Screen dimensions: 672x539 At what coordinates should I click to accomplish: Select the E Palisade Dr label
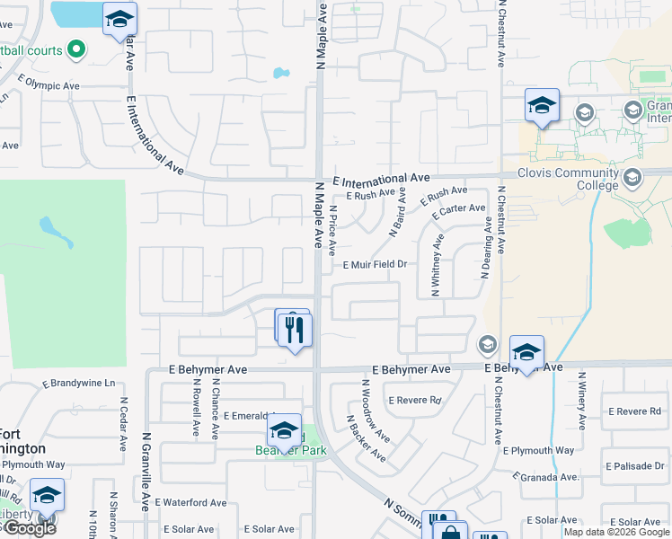[x=635, y=466]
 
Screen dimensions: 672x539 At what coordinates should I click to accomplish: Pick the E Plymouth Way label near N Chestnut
[x=538, y=450]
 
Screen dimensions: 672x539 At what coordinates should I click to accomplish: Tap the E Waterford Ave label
[x=190, y=502]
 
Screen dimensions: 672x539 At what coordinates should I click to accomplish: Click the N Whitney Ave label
[x=437, y=265]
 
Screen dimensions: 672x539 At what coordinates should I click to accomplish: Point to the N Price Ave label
[x=332, y=230]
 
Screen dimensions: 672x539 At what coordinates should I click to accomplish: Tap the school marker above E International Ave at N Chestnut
[x=542, y=106]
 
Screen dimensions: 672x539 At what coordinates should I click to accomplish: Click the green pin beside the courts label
[x=76, y=49]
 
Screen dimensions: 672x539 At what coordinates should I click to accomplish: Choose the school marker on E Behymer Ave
[x=526, y=352]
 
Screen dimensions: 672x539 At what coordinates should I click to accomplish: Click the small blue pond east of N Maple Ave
[x=280, y=73]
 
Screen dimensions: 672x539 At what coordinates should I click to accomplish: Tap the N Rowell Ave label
[x=195, y=408]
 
